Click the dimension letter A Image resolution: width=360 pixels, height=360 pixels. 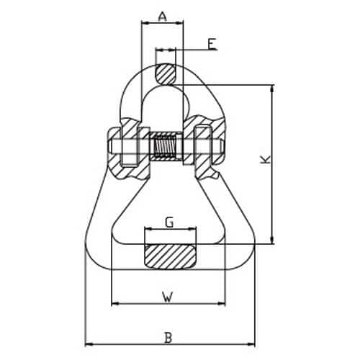(x=163, y=17)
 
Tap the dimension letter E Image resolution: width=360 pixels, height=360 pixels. (x=212, y=44)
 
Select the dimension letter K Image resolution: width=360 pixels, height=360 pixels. (x=266, y=160)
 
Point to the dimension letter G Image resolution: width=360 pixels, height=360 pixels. (x=169, y=222)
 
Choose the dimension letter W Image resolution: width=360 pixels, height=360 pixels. (x=168, y=297)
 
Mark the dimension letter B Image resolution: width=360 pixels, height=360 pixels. (x=168, y=338)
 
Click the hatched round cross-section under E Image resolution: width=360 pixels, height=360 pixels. (x=166, y=74)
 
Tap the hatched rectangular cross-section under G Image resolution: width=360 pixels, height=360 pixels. (x=170, y=256)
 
